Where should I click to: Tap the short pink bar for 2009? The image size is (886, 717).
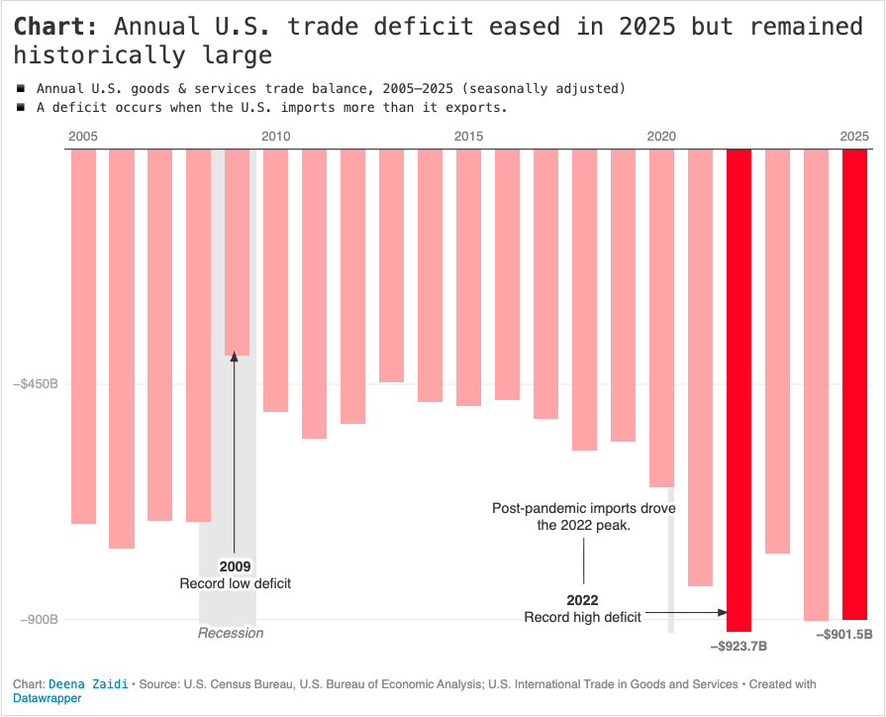(237, 252)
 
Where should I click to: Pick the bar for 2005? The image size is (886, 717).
(83, 336)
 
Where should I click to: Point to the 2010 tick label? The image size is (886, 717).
(275, 136)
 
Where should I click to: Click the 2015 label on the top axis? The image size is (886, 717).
(469, 136)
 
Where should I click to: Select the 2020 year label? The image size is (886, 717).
(661, 136)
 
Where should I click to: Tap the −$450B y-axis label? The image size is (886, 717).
(36, 383)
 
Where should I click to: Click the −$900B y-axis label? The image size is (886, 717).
(36, 620)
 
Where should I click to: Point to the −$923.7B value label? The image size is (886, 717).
(738, 647)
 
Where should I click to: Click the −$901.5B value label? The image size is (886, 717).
(844, 635)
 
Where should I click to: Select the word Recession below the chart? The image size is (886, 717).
(231, 633)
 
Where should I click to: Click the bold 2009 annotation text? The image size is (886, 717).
(236, 567)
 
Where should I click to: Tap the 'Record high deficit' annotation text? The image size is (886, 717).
(582, 617)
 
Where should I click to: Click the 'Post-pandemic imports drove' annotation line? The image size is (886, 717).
(584, 509)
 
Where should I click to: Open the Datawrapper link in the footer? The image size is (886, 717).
(47, 698)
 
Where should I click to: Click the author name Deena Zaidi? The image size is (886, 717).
(88, 684)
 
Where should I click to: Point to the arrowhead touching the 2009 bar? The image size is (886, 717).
(236, 358)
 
